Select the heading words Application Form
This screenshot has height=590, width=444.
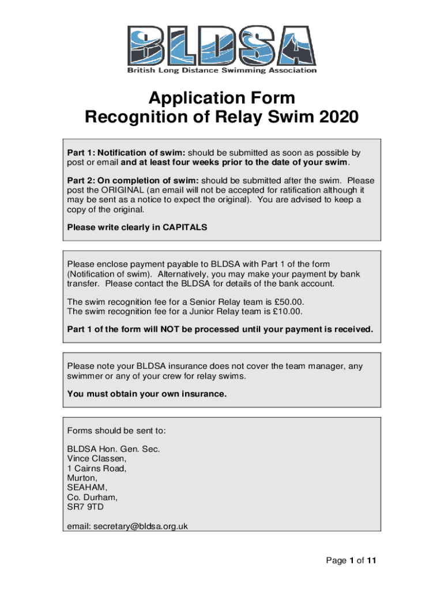[221, 97]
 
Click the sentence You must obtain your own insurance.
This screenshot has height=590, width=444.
[147, 395]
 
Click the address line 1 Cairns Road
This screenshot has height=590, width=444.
[97, 468]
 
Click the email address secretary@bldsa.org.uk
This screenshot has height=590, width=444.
[141, 526]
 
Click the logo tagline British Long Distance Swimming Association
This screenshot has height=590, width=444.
[221, 70]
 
